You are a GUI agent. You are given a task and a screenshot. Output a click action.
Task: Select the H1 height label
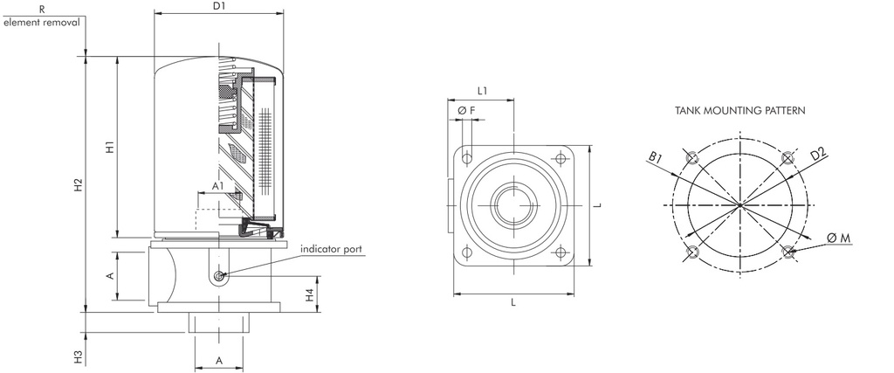[x=109, y=148]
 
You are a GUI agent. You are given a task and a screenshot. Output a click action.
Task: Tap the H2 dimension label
[x=78, y=185]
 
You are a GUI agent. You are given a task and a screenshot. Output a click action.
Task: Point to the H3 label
[x=78, y=356]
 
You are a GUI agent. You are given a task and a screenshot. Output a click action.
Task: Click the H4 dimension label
[x=310, y=294]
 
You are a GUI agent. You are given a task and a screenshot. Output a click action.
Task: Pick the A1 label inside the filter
[x=217, y=186]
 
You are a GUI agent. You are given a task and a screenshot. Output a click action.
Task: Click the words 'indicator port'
[x=331, y=249]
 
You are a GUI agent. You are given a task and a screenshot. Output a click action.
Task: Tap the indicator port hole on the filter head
[x=217, y=277]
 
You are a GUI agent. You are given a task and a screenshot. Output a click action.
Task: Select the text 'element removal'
[x=41, y=21]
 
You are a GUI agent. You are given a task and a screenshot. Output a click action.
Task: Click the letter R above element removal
[x=41, y=7]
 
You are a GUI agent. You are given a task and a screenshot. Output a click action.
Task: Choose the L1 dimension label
[x=483, y=90]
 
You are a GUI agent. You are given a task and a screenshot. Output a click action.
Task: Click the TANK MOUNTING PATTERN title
[x=739, y=111]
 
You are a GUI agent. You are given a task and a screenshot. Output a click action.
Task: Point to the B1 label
[x=657, y=156]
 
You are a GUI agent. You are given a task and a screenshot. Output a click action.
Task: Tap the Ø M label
[x=841, y=238]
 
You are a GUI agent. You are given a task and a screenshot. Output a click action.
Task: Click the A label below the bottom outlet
[x=218, y=359]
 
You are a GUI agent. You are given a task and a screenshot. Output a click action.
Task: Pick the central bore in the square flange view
[x=513, y=206]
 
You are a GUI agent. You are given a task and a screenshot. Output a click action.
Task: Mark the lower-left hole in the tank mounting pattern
[x=692, y=252]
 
